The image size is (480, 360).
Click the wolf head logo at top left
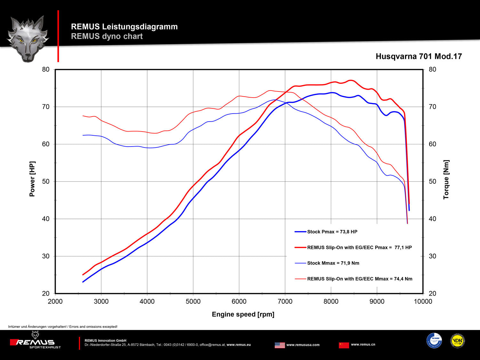tap(28, 38)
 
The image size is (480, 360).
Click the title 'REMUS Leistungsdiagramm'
tap(124, 27)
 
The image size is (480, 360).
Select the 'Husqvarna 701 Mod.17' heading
tap(419, 57)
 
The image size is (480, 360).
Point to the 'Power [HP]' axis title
tap(32, 179)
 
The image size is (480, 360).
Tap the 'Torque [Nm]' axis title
tap(446, 180)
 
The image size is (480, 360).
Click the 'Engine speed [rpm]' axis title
tap(243, 314)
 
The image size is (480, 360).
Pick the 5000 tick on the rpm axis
tap(193, 301)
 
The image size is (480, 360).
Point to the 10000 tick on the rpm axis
tap(423, 301)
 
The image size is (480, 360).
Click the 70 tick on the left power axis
tap(46, 107)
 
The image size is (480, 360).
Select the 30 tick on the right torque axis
tap(432, 256)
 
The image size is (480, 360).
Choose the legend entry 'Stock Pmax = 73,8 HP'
tap(332, 232)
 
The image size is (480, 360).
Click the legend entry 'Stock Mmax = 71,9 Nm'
tap(333, 263)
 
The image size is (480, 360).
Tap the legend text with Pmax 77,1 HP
tap(359, 247)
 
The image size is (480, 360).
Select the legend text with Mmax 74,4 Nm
tap(359, 279)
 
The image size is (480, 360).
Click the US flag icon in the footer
tap(280, 345)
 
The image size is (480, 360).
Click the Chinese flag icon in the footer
tap(344, 345)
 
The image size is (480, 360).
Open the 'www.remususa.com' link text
tap(303, 345)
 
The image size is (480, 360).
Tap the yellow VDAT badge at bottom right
tap(457, 341)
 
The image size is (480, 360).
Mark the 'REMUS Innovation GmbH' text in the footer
tap(105, 340)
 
